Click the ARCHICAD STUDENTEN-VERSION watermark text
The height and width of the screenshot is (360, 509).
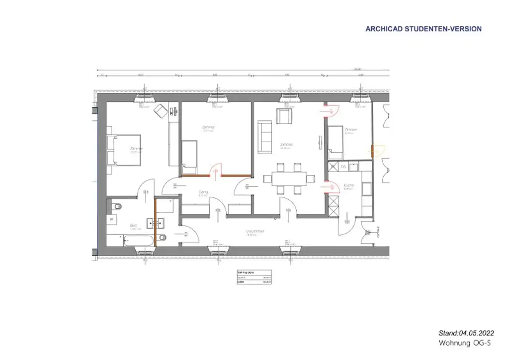coord(424,29)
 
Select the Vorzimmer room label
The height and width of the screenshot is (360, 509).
coord(255,232)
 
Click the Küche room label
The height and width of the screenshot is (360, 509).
coord(349,186)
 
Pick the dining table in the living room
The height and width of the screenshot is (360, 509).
coord(288,178)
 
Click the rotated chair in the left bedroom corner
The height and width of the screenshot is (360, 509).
coord(161,111)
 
